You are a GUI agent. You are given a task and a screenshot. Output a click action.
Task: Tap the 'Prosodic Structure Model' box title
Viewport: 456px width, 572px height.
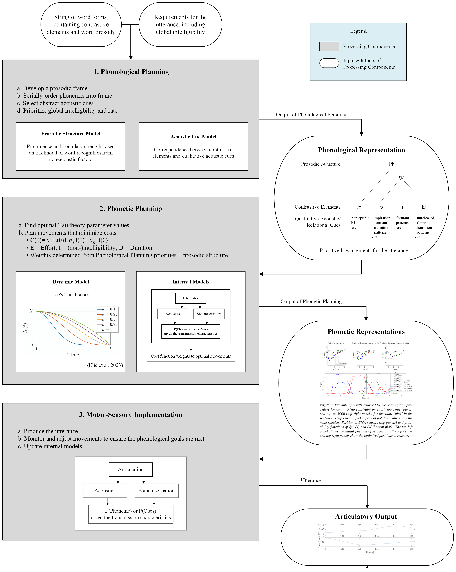point(70,133)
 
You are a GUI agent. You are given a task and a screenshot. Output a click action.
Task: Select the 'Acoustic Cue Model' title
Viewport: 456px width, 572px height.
point(193,137)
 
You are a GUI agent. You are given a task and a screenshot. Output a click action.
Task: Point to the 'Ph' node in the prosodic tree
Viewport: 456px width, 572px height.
point(391,164)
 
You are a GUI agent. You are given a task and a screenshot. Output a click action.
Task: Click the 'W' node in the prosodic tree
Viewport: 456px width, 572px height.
point(401,178)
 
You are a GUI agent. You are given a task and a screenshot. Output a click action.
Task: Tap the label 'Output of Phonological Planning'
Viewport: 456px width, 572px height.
point(311,115)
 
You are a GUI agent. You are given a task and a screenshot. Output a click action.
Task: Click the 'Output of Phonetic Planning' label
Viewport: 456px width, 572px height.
point(311,301)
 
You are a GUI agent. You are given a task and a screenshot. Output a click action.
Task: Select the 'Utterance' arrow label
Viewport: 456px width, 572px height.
point(311,480)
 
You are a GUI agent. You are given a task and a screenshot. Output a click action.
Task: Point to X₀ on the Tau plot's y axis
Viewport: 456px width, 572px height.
point(32,311)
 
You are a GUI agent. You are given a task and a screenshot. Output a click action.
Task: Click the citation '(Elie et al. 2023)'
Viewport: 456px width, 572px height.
point(105,365)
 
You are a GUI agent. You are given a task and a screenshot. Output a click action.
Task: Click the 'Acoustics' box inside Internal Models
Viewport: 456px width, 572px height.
point(172,314)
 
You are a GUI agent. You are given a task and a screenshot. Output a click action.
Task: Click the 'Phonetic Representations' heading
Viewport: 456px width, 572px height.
point(366,332)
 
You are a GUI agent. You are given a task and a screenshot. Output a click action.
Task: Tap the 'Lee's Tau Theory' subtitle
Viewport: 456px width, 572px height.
point(70,294)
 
